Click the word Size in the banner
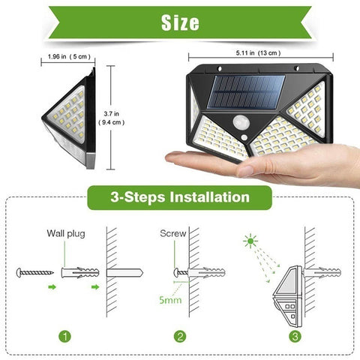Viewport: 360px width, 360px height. pos(180,22)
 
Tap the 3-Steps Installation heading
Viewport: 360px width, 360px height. pos(180,197)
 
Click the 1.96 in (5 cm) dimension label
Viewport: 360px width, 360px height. pos(69,57)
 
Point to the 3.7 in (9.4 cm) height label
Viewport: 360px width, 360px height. pos(111,118)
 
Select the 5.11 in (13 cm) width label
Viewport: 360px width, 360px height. pos(258,53)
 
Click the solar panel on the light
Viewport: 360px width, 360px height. pos(246,91)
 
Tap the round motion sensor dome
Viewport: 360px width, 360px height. pos(241,123)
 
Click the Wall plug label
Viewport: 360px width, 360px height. pos(66,234)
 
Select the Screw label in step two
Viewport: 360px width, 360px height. pos(173,233)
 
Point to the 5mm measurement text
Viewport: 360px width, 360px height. pos(170,300)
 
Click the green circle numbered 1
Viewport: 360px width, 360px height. pos(65,337)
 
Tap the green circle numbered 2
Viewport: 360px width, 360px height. pos(180,337)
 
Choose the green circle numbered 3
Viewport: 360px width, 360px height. pos(295,337)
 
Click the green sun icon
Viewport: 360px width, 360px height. pos(250,241)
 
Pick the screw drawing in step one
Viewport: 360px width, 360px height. pos(35,272)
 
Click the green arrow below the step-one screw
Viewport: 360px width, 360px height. pos(52,287)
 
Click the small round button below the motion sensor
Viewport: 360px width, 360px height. pos(244,137)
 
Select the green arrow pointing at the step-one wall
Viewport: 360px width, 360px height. pos(95,287)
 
